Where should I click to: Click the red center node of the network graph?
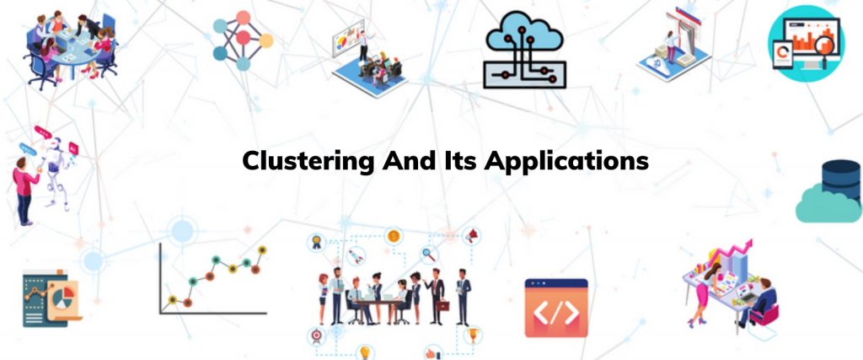243,38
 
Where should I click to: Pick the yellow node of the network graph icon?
265,40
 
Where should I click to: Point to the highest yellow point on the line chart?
262,250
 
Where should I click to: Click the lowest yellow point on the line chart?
173,299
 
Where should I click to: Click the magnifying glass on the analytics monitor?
826,45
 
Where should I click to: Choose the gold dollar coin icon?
393,237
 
